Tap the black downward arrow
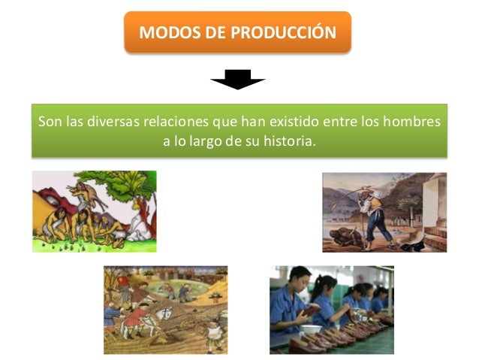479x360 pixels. pyautogui.click(x=237, y=79)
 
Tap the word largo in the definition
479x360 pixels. pyautogui.click(x=203, y=141)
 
